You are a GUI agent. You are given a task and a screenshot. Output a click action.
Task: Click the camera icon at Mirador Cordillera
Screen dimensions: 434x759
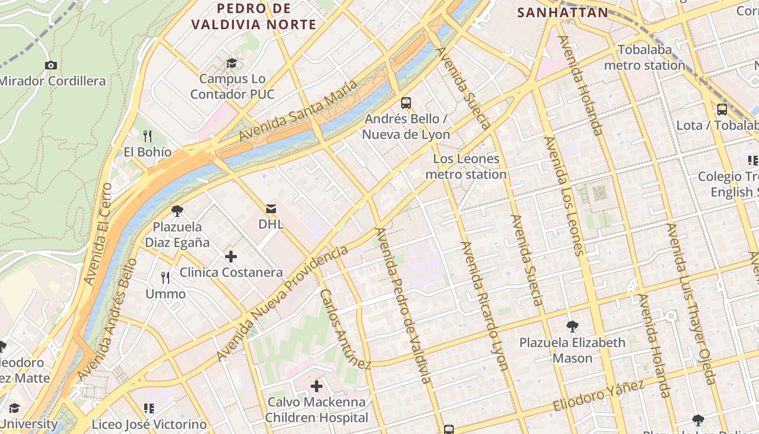coord(51,65)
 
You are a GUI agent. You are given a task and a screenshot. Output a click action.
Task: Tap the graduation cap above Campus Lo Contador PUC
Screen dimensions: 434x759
coord(231,63)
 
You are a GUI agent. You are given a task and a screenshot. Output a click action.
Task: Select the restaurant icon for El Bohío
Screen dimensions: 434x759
coord(147,136)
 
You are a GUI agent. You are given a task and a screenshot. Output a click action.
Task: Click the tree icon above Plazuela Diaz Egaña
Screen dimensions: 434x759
coord(177,210)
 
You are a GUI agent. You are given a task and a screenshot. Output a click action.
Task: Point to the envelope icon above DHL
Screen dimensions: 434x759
coord(271,208)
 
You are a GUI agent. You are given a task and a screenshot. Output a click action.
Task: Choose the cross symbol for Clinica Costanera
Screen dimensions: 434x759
coord(231,256)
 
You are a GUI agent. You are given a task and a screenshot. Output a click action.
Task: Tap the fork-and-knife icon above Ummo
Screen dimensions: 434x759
coord(165,278)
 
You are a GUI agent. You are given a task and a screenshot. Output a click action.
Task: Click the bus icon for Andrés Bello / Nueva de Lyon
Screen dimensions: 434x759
coord(406,103)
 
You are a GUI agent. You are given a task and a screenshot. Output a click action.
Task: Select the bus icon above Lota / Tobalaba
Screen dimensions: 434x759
coord(722,109)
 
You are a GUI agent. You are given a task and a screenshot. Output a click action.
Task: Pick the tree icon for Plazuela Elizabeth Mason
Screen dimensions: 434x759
coord(572,326)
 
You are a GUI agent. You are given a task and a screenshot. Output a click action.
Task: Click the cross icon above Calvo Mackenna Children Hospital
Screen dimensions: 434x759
coord(317,386)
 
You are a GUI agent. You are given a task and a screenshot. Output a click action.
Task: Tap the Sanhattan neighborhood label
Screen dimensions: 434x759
coord(562,12)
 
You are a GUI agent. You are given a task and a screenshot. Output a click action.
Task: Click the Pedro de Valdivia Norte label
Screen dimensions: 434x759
coord(254,16)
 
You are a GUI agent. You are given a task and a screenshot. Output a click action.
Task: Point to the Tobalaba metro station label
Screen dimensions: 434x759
coord(645,58)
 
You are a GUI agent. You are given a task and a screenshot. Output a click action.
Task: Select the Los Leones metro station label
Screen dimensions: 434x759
coord(466,167)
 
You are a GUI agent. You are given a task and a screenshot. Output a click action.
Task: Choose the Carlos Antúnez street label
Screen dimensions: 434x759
coord(345,329)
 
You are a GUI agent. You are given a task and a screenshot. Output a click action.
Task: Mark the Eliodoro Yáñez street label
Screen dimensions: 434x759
coord(599,396)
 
